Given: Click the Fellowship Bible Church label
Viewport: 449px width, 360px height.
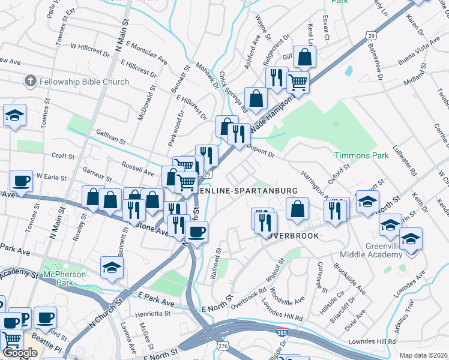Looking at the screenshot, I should click(x=84, y=82).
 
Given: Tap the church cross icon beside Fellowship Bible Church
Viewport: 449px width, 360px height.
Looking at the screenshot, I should click(x=31, y=81).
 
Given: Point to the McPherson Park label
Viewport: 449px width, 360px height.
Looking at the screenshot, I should click(x=65, y=275).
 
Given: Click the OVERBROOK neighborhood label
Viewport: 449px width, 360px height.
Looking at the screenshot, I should click(x=288, y=236).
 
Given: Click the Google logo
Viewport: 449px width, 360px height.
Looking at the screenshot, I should click(x=20, y=353).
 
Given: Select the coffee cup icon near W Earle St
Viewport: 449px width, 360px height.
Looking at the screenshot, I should click(x=22, y=181).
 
